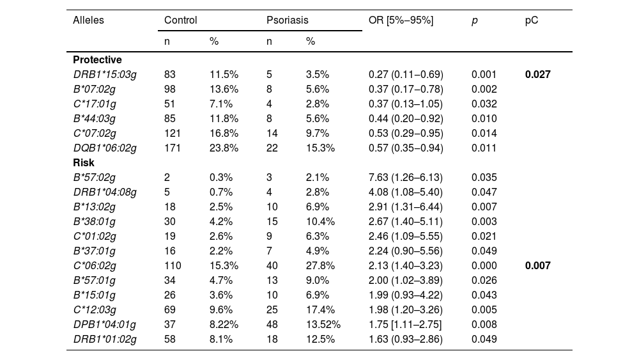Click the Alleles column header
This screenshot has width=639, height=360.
88,20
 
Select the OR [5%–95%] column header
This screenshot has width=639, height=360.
401,20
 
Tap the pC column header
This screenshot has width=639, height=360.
532,21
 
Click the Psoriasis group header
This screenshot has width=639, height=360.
288,20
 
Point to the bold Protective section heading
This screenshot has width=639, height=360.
97,60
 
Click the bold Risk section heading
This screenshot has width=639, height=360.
84,162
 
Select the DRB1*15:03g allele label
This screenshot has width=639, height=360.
105,75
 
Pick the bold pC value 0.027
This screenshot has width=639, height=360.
537,75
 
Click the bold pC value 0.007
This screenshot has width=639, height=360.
537,266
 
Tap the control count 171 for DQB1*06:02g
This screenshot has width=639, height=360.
173,148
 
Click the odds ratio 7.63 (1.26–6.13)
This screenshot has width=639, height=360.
406,177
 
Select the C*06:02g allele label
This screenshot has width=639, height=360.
95,266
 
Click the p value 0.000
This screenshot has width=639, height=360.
484,266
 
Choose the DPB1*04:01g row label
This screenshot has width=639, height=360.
105,325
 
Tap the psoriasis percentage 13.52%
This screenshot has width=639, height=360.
323,325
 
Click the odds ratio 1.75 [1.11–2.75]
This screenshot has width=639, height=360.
405,325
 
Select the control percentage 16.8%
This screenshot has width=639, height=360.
224,133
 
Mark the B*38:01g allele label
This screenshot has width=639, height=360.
94,222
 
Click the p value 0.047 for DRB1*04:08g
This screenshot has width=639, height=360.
484,192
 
